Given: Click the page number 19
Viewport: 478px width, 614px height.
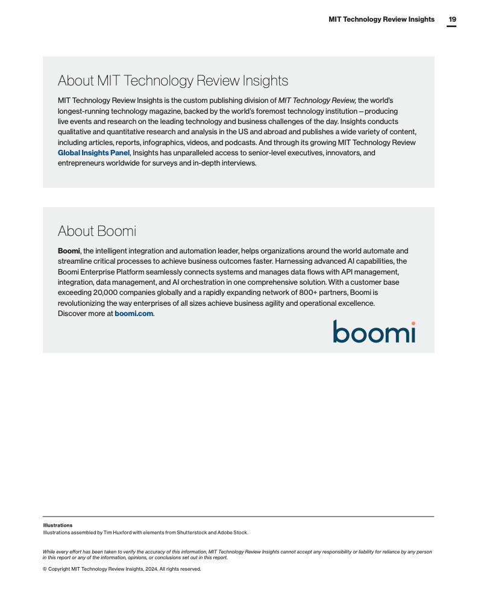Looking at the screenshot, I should (x=452, y=19).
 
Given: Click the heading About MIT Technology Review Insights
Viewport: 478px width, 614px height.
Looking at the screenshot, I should (x=173, y=81).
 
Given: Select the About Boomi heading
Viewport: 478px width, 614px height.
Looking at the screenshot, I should (x=96, y=231).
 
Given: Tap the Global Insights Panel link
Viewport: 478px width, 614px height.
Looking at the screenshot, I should (x=93, y=153).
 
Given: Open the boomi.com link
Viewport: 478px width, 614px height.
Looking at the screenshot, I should (x=134, y=314).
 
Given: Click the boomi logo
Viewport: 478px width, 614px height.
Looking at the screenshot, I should (x=374, y=332).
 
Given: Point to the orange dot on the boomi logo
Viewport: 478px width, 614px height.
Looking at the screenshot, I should (x=413, y=324).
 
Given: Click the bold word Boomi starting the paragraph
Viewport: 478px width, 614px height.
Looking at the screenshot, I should (x=69, y=250).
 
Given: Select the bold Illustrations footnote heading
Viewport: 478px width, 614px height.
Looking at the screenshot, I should (x=58, y=526).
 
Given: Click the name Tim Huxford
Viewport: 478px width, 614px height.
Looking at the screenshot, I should (x=116, y=533).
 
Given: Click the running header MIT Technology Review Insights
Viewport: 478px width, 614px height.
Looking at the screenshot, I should (x=381, y=19).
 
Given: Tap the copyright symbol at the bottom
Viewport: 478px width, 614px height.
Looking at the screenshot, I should (x=45, y=569).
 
